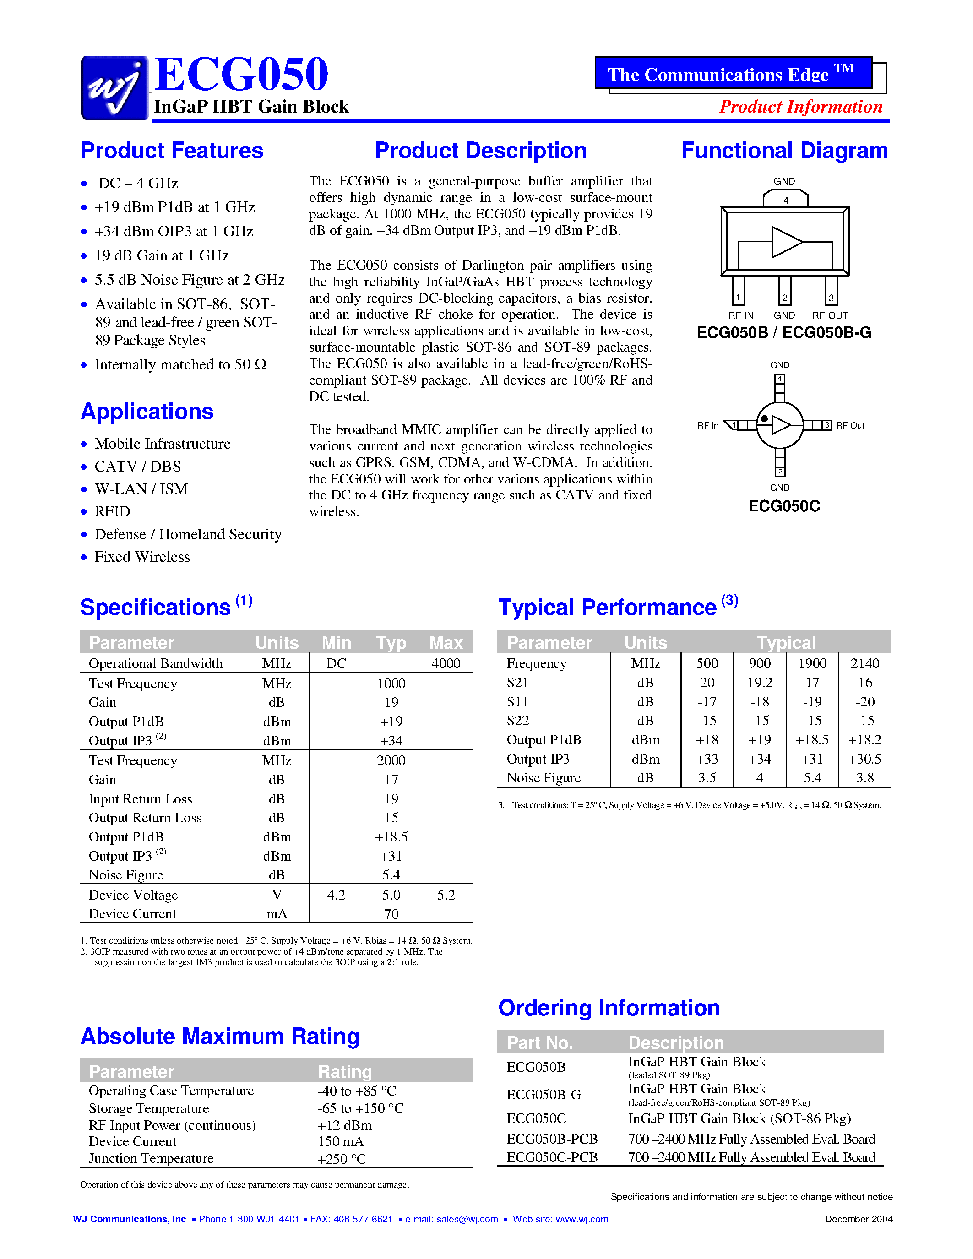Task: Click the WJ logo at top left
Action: [x=114, y=87]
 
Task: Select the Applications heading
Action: [x=147, y=412]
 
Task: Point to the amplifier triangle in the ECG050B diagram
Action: [x=786, y=242]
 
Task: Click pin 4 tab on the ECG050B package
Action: [x=785, y=200]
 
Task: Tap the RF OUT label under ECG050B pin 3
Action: [x=830, y=315]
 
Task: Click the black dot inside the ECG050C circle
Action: [x=764, y=419]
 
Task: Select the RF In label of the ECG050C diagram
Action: [x=708, y=425]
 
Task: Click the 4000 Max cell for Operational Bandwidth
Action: [x=446, y=663]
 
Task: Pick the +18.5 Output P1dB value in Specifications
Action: [x=391, y=837]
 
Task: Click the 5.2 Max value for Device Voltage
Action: [x=446, y=895]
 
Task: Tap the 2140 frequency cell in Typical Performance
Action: [x=864, y=663]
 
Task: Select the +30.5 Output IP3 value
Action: [x=864, y=759]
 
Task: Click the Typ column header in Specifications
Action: [x=391, y=643]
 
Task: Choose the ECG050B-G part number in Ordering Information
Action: [x=544, y=1094]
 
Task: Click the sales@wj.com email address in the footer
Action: [x=467, y=1219]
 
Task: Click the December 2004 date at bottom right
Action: [x=858, y=1219]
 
